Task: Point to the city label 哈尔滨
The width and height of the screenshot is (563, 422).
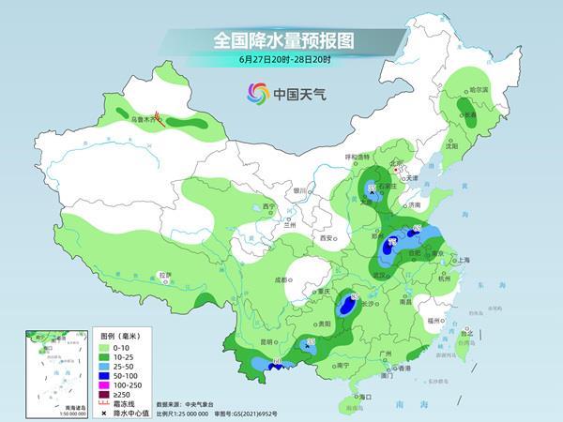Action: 479,89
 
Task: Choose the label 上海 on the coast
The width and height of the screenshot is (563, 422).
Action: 461,261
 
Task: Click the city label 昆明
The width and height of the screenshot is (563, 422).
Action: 267,340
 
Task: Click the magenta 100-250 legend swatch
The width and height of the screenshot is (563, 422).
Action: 106,385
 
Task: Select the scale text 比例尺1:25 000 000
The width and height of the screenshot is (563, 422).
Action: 192,412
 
